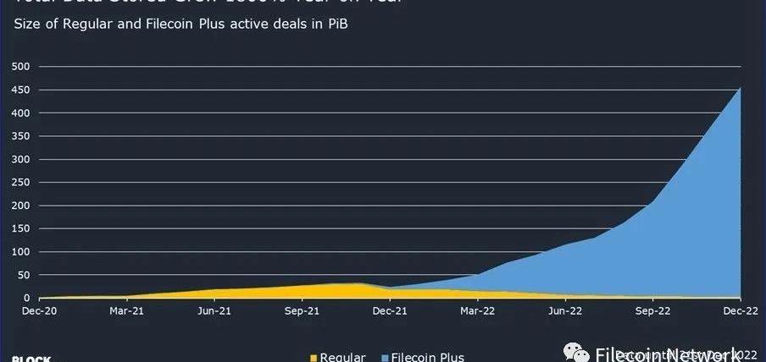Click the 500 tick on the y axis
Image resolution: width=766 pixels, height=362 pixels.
[21, 66]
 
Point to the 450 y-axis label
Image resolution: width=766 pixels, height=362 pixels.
[21, 90]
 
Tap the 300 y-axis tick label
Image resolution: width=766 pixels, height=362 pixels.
[21, 159]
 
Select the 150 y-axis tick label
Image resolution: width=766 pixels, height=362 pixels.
[21, 228]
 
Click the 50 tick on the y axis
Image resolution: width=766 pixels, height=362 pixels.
[24, 275]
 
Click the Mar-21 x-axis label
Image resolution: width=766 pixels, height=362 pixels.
[126, 311]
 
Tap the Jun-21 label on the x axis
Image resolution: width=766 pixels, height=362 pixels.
[214, 311]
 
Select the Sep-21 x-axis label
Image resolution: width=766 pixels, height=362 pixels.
[303, 311]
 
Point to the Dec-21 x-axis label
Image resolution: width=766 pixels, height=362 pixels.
[390, 311]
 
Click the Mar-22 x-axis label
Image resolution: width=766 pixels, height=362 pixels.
[478, 311]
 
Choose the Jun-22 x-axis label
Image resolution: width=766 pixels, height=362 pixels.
[566, 311]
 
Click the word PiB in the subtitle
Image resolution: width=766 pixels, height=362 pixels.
[336, 24]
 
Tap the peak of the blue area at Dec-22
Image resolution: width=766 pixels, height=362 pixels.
[741, 87]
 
